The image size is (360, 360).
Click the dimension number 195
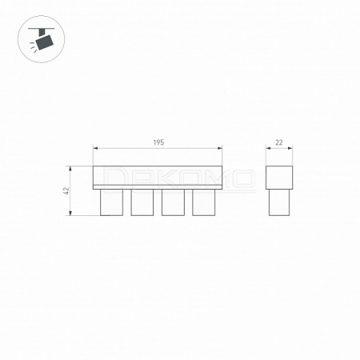[x=158, y=142]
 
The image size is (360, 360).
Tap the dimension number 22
[x=279, y=142]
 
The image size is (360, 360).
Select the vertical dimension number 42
[x=66, y=190]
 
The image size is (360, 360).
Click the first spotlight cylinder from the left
[x=111, y=202]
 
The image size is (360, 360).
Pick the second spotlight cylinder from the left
[x=142, y=202]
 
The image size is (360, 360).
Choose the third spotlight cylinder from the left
[x=173, y=202]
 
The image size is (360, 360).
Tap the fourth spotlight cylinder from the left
[x=204, y=202]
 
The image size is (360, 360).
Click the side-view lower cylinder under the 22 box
[x=279, y=202]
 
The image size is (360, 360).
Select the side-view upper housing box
[x=279, y=178]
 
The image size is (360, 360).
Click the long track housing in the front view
[x=158, y=178]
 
